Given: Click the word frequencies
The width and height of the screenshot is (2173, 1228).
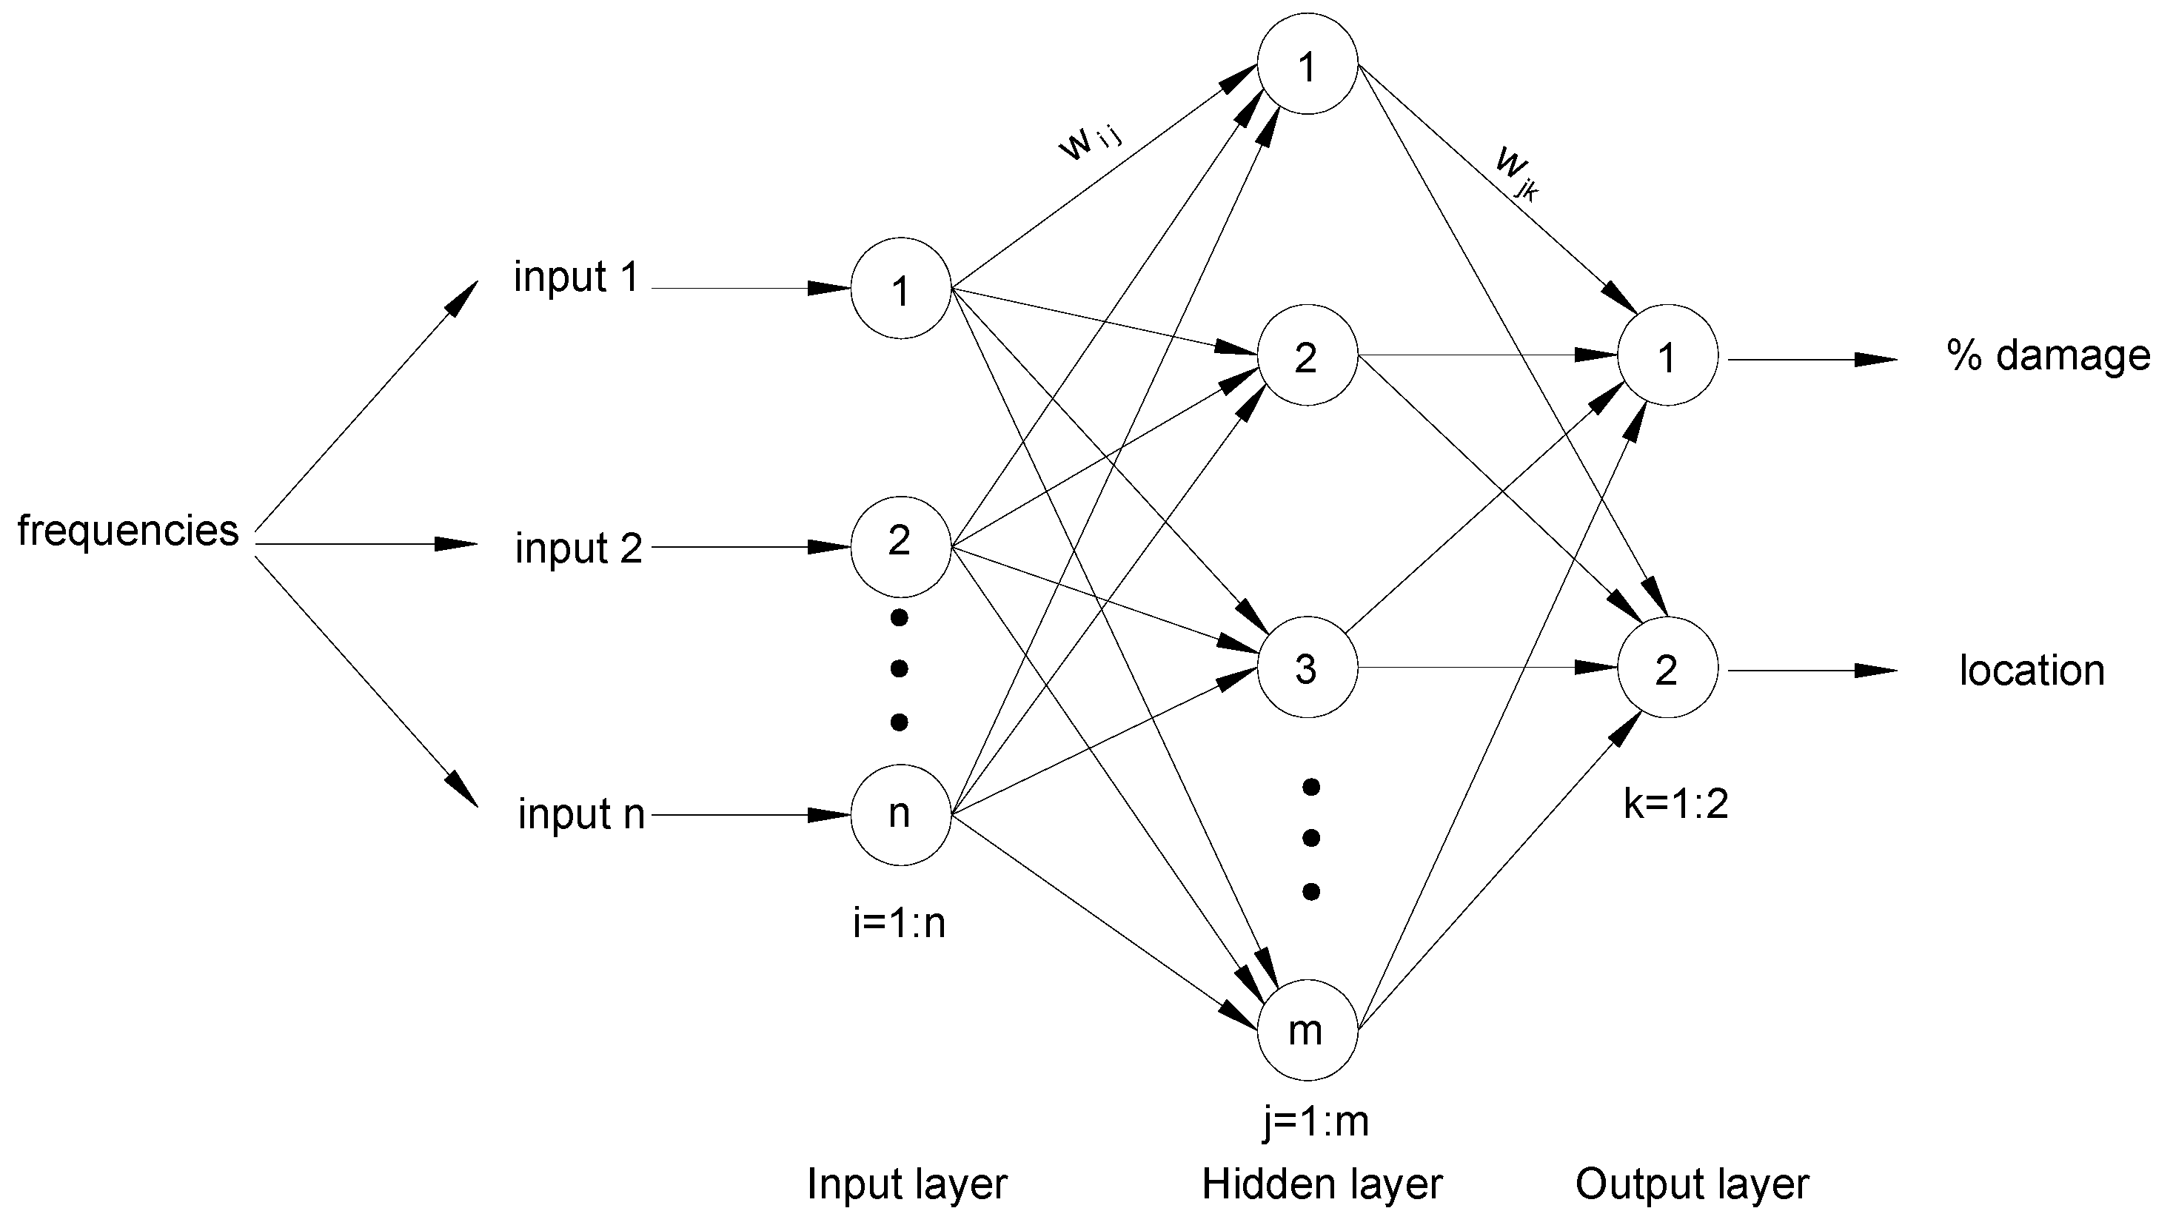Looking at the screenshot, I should tap(128, 531).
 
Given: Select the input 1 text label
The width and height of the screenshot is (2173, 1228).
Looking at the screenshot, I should tap(576, 278).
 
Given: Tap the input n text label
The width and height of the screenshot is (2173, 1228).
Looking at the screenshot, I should tap(581, 814).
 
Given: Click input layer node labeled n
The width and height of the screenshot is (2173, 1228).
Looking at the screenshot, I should tap(900, 815).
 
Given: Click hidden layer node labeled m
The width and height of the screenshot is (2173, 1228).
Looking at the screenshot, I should tap(1307, 1030).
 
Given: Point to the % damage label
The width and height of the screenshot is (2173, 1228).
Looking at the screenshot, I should tap(2048, 355).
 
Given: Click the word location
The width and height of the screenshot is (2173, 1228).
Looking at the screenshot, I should tap(2032, 671).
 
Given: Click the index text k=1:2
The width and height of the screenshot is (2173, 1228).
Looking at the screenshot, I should tap(1675, 804).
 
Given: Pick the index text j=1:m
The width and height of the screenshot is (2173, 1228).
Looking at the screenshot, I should tap(1315, 1121).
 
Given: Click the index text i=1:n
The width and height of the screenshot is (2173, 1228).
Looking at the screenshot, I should tap(900, 925).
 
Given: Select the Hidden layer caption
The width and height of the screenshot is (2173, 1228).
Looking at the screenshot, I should tap(1322, 1184).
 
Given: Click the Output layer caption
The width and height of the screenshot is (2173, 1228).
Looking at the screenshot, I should tap(1691, 1184).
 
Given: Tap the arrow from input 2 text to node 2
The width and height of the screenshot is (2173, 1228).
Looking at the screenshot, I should tap(751, 547).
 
